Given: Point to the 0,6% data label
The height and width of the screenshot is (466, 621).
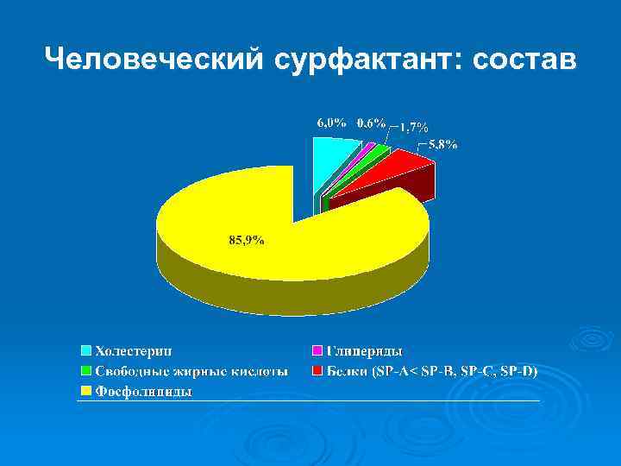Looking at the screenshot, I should pos(372,123).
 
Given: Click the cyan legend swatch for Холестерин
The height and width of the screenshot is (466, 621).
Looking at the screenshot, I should pos(86,350).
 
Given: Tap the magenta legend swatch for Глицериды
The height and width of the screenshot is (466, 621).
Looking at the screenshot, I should pos(317,350).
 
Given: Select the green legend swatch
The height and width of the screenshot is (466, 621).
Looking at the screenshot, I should pos(86,371).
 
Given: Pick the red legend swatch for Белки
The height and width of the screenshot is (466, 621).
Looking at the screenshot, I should pos(317,371).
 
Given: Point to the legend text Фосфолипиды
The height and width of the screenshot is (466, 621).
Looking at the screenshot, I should pos(143,392).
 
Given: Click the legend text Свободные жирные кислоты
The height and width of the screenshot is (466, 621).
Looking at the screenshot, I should pos(191,371).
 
